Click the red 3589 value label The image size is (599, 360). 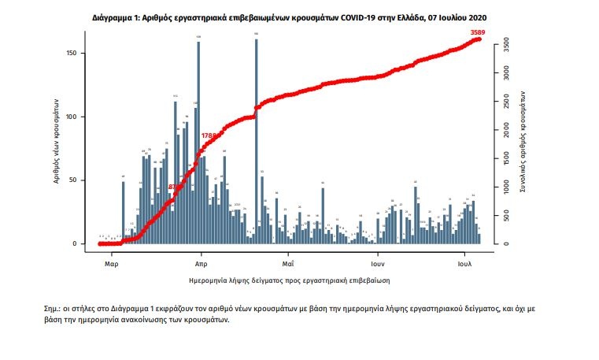477,32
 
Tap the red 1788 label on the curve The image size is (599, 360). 209,135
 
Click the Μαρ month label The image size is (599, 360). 112,264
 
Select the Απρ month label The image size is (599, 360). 200,264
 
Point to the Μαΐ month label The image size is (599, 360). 288,264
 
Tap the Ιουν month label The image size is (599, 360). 377,264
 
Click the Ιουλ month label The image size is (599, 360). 464,264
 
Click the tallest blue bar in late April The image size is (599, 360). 257,142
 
